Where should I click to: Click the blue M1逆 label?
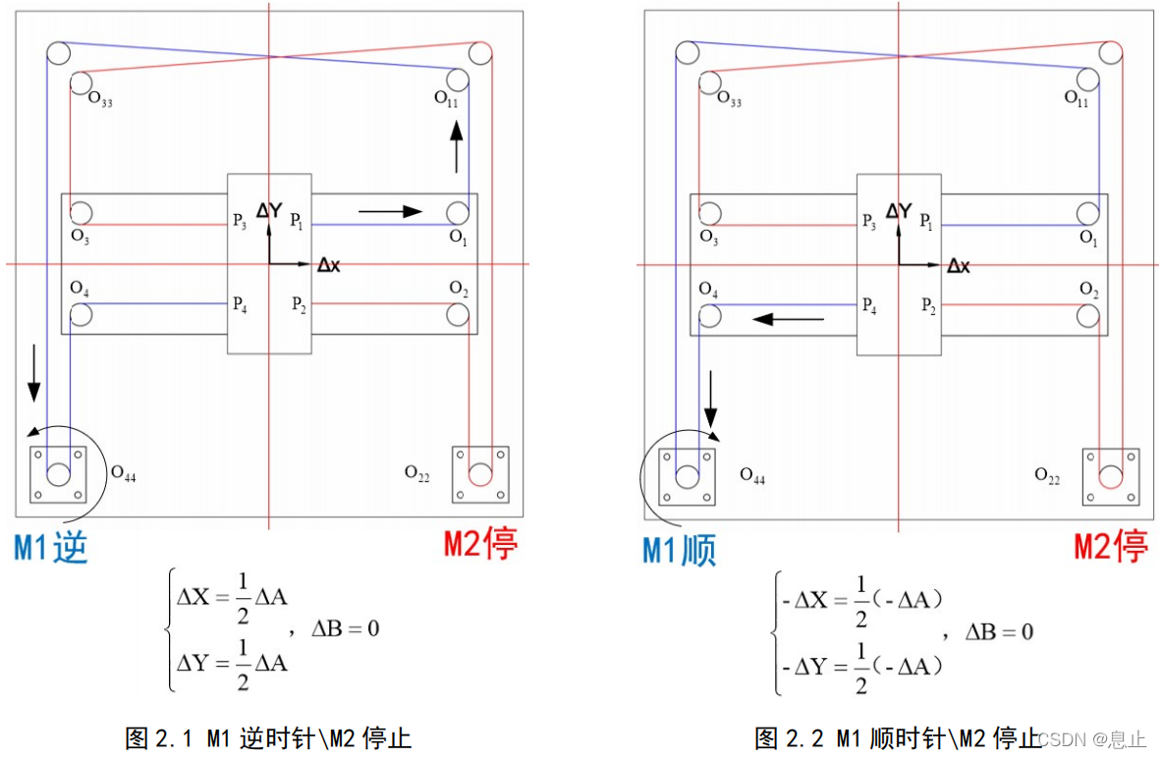tap(50, 548)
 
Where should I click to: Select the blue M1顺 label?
tap(680, 550)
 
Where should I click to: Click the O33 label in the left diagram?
tap(100, 99)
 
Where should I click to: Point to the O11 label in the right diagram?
tap(1078, 98)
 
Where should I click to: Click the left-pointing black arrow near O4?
tap(788, 318)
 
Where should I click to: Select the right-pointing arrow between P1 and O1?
tap(390, 210)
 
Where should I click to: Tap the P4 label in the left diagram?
tap(240, 304)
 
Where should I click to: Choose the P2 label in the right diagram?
tap(928, 305)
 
